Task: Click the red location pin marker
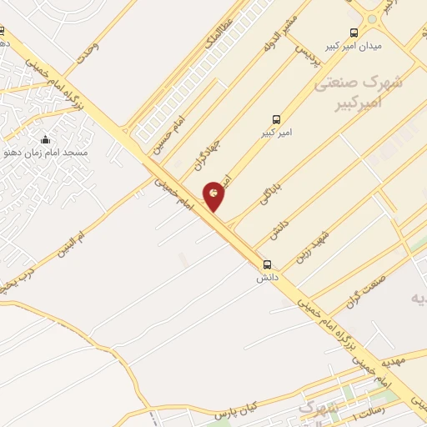tap(213, 195)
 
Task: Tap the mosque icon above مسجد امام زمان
tap(45, 139)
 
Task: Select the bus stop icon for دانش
tap(267, 263)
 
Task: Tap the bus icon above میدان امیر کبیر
tap(354, 33)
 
